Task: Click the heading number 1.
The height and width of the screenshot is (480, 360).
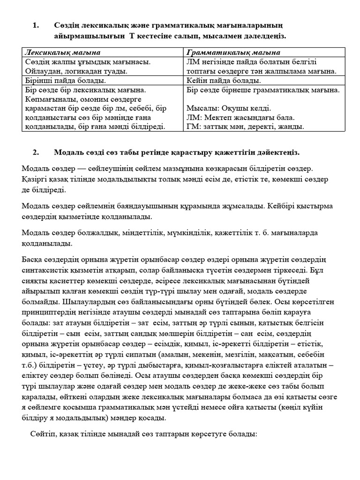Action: pyautogui.click(x=36, y=25)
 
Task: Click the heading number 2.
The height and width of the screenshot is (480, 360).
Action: pyautogui.click(x=36, y=153)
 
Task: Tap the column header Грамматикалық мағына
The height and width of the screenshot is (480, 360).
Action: pyautogui.click(x=233, y=52)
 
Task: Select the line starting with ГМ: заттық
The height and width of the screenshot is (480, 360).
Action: pyautogui.click(x=245, y=127)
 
